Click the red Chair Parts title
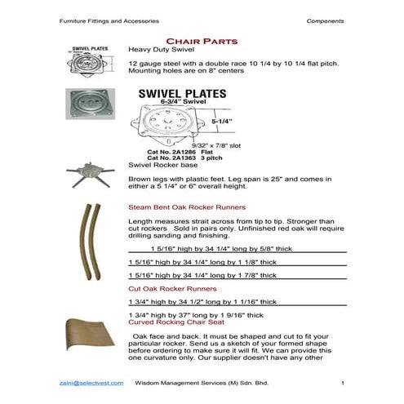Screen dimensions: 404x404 pos(201,39)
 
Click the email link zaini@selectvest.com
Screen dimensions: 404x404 pos(91,383)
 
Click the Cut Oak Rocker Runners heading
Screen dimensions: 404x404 pos(172,289)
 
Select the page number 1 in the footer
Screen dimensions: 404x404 pos(343,383)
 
